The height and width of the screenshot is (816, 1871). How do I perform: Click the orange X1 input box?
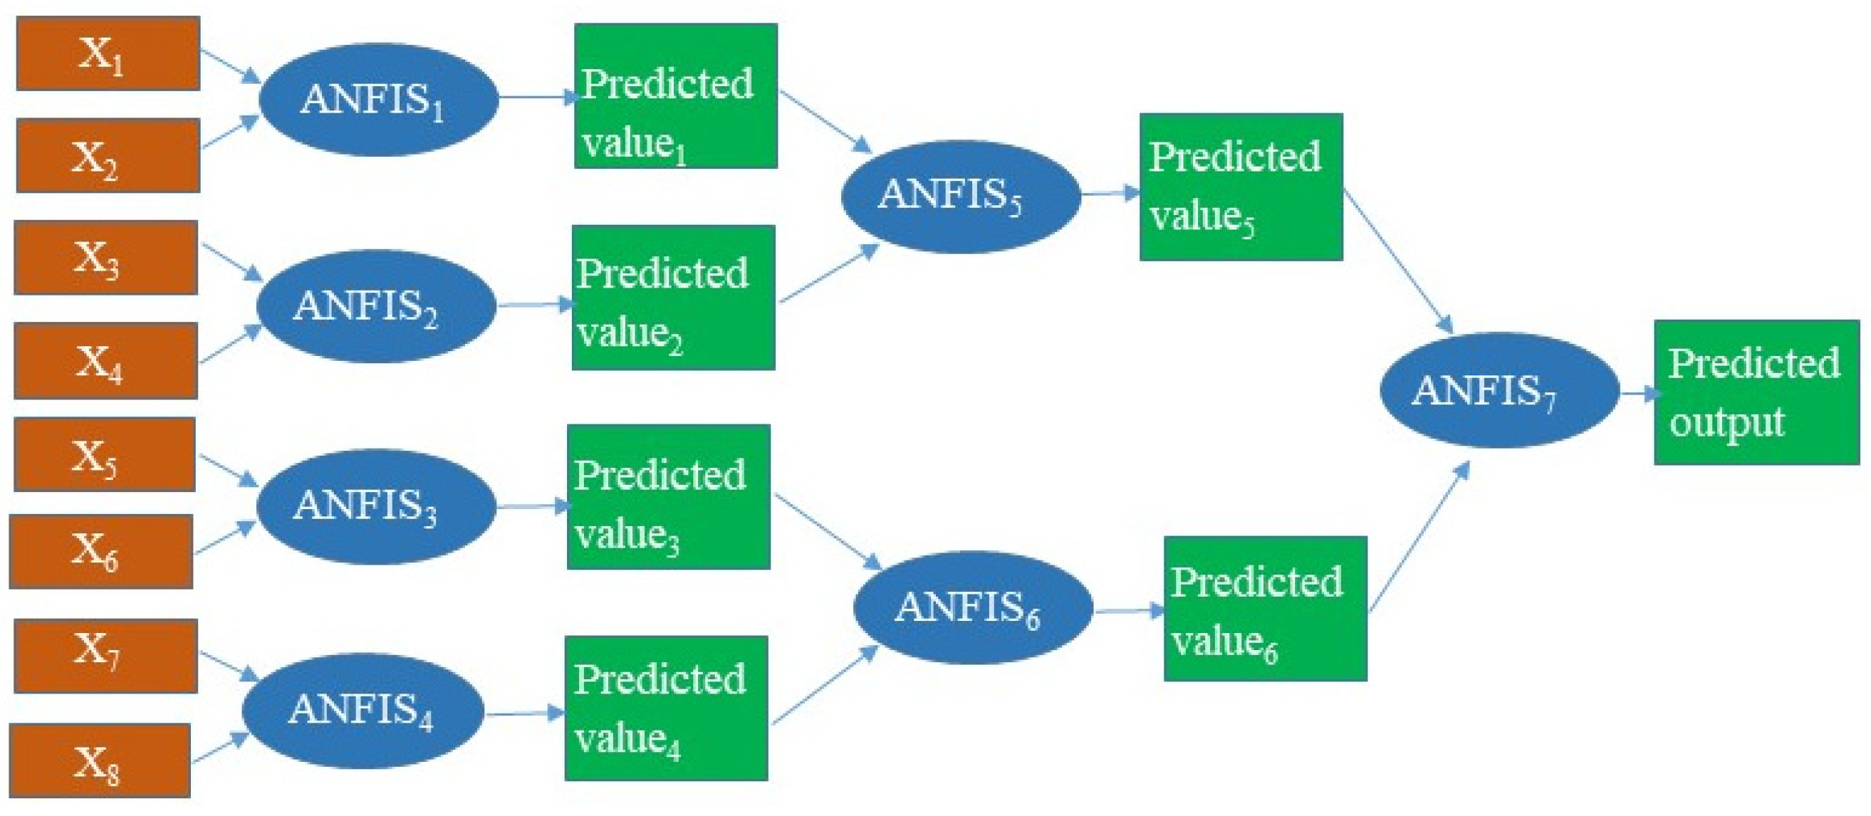pos(108,53)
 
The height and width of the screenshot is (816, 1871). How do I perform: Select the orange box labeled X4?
pos(106,361)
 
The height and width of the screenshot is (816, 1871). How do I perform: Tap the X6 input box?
pos(102,552)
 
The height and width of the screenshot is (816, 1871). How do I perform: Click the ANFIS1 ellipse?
pos(378,100)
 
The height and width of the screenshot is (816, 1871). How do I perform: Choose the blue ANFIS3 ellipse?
pos(376,506)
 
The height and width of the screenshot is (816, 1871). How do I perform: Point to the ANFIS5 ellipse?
pos(960,196)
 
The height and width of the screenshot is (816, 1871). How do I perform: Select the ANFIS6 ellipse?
pos(973,607)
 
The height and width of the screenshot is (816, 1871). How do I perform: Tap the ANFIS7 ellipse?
pos(1499,390)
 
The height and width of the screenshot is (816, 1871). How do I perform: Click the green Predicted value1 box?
pos(675,96)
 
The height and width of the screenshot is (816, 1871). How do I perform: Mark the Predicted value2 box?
pos(673,298)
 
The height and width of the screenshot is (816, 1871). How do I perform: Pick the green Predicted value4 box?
pos(666,708)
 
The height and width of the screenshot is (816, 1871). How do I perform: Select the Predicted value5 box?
pos(1241,187)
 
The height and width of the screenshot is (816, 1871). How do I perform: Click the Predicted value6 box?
pos(1265,608)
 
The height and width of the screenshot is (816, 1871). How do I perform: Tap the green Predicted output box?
pos(1756,392)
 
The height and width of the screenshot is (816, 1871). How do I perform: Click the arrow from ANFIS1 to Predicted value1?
pos(536,97)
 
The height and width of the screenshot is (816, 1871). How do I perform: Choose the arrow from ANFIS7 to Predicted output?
pos(1639,394)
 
